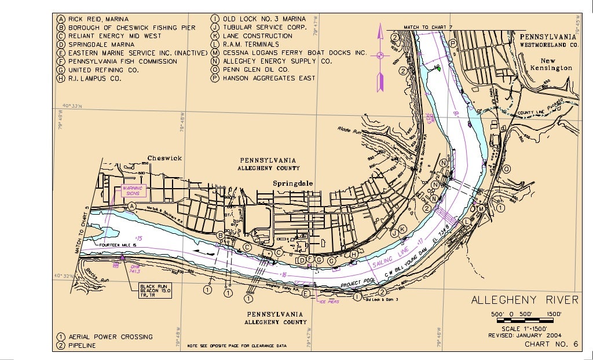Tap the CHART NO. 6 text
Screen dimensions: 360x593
(x=551, y=344)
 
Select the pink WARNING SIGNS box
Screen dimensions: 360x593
(x=134, y=191)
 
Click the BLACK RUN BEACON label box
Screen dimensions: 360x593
(x=153, y=290)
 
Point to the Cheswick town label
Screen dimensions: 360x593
(x=164, y=158)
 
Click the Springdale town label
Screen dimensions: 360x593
(x=293, y=183)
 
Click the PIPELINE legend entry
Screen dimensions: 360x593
(x=82, y=346)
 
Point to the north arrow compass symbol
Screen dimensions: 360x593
(x=380, y=56)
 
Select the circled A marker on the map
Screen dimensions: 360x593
(x=131, y=205)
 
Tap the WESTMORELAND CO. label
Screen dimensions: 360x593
(x=549, y=44)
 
